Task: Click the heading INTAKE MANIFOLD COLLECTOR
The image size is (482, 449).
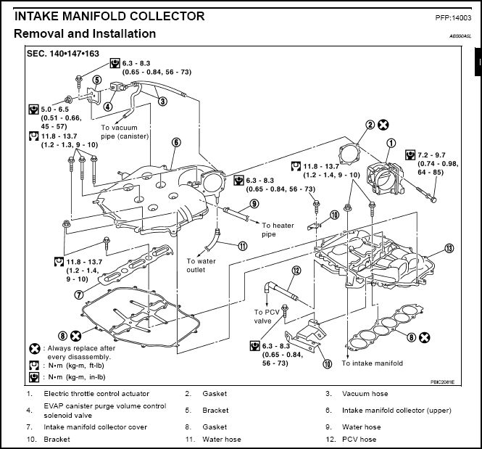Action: pyautogui.click(x=109, y=16)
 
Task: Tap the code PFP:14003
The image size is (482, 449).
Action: pyautogui.click(x=453, y=18)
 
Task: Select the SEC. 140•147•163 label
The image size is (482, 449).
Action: pyautogui.click(x=63, y=54)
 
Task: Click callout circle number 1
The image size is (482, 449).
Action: pyautogui.click(x=391, y=144)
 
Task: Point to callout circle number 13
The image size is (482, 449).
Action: pyautogui.click(x=449, y=248)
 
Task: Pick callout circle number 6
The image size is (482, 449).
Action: pyautogui.click(x=176, y=142)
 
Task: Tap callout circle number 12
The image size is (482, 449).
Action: pyautogui.click(x=296, y=271)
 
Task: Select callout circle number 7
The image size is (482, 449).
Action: pyautogui.click(x=79, y=294)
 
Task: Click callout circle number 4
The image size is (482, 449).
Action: pyautogui.click(x=107, y=107)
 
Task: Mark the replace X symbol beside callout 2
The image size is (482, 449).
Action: pyautogui.click(x=383, y=125)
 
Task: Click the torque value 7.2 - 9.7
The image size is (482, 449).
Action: pyautogui.click(x=431, y=155)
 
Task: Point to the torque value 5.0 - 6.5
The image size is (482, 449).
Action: pyautogui.click(x=54, y=110)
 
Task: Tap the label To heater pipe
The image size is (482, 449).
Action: pyautogui.click(x=278, y=230)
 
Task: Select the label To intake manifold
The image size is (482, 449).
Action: pyautogui.click(x=373, y=363)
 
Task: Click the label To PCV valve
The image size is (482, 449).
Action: pyautogui.click(x=267, y=316)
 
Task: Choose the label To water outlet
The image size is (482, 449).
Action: pyautogui.click(x=201, y=265)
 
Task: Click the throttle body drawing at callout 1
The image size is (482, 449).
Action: pyautogui.click(x=386, y=178)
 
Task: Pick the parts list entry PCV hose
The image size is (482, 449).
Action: pyautogui.click(x=359, y=439)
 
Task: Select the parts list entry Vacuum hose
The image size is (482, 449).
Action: pyautogui.click(x=365, y=394)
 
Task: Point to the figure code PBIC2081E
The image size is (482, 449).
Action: pyautogui.click(x=442, y=382)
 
